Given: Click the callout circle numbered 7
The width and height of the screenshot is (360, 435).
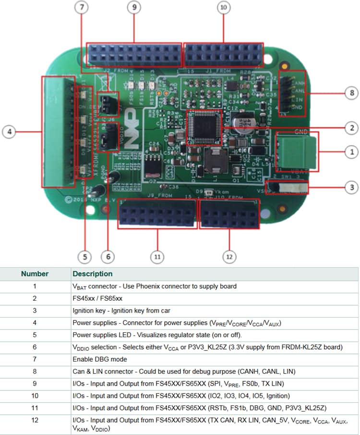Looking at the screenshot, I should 82,7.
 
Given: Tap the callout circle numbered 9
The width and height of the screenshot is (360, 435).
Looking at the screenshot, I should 133,7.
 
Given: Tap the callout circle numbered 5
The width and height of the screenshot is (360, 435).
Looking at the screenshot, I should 85,257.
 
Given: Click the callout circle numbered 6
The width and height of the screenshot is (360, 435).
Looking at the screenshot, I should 108,257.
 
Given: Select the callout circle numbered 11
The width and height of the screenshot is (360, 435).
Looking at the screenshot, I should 157,257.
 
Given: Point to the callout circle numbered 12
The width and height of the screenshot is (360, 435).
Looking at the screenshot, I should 229,257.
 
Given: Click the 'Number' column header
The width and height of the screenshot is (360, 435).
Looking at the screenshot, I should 35,274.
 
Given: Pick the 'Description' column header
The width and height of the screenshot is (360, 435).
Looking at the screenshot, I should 93,274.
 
